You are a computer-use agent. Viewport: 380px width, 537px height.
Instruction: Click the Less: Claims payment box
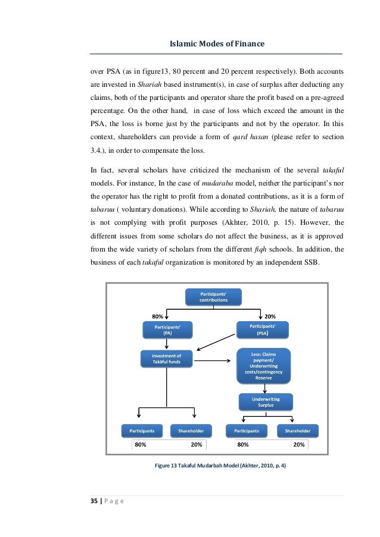264,365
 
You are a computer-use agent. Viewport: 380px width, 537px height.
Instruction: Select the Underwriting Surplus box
265,401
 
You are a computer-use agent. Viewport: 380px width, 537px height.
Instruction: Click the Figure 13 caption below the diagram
220,466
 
